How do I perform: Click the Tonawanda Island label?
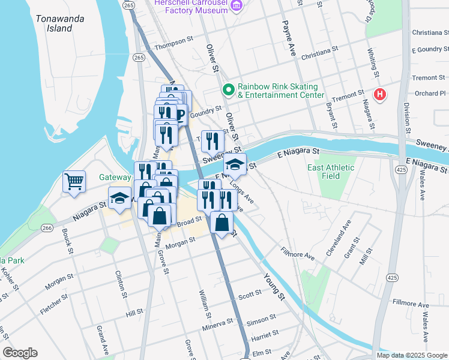59,23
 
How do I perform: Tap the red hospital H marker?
379,94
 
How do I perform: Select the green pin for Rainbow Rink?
228,90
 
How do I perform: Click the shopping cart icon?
74,181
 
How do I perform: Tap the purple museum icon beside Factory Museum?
237,6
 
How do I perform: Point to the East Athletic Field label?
331,172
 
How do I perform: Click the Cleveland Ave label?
339,239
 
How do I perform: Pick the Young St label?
273,287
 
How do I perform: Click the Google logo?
20,353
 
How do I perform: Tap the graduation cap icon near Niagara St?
120,198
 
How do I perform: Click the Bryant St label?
330,115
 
